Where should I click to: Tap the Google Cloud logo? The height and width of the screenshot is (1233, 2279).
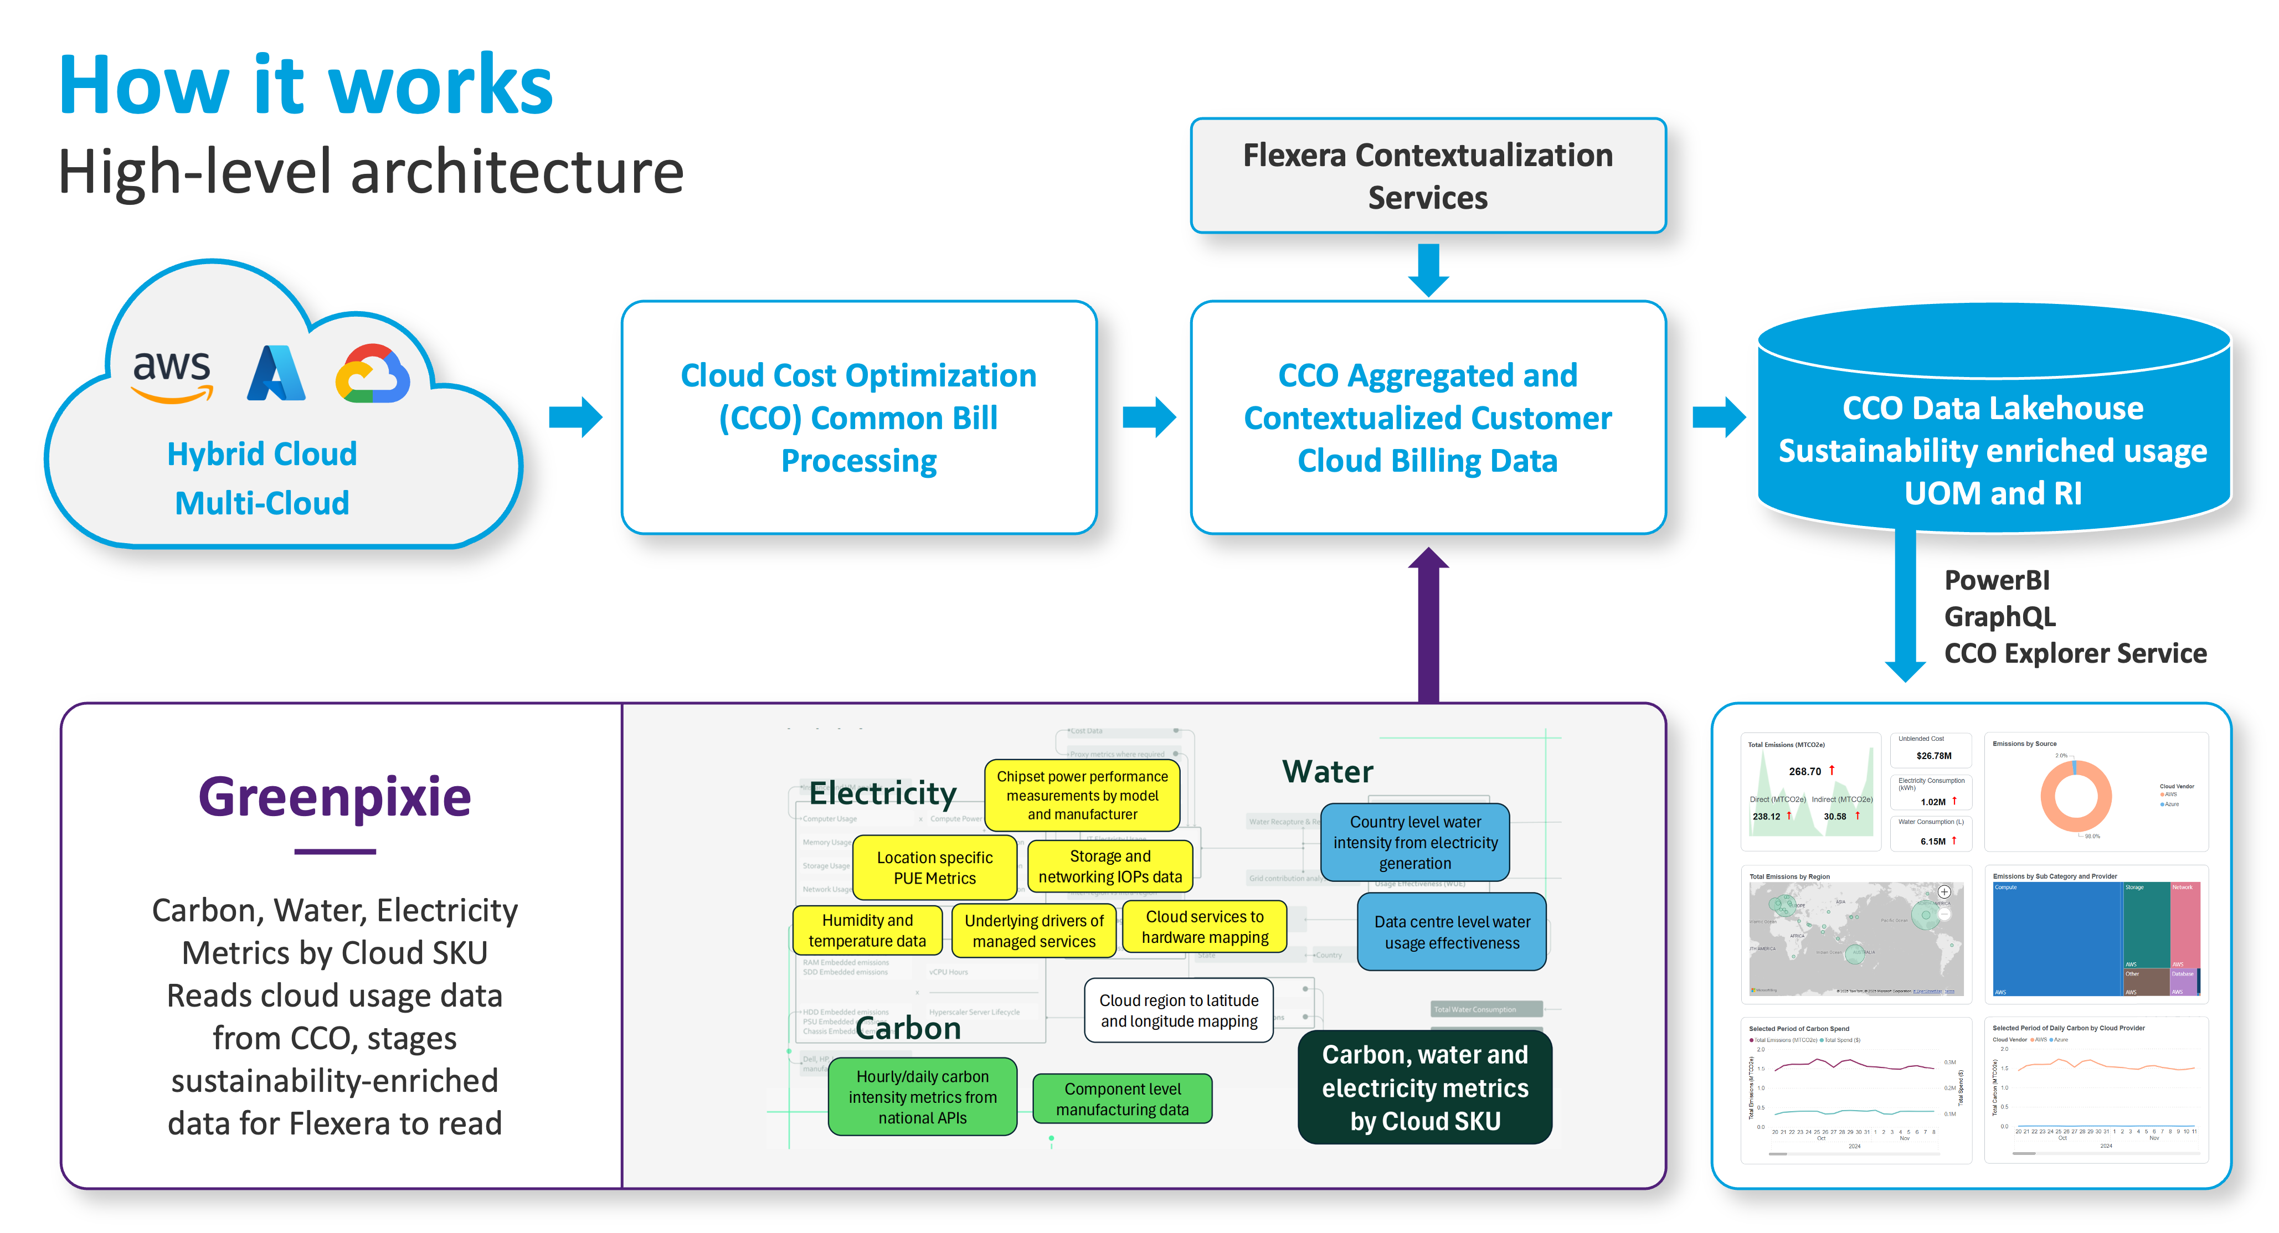coord(373,374)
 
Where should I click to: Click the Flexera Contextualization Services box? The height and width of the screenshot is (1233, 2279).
coord(1428,176)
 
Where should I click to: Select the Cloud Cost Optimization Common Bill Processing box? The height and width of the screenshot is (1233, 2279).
coord(858,417)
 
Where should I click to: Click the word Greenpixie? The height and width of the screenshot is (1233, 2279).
coord(335,797)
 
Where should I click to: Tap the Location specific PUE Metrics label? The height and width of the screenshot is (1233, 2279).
coord(934,868)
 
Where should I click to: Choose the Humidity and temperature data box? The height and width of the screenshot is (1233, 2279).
coord(867,931)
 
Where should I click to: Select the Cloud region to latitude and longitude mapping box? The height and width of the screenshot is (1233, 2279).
coord(1179,1010)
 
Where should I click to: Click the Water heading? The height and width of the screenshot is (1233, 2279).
coord(1327,771)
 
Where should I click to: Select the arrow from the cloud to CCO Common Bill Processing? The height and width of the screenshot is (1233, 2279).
coord(575,416)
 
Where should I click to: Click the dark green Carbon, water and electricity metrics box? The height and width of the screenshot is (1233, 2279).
coord(1424,1087)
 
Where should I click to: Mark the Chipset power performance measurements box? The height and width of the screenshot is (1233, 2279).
coord(1082,795)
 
